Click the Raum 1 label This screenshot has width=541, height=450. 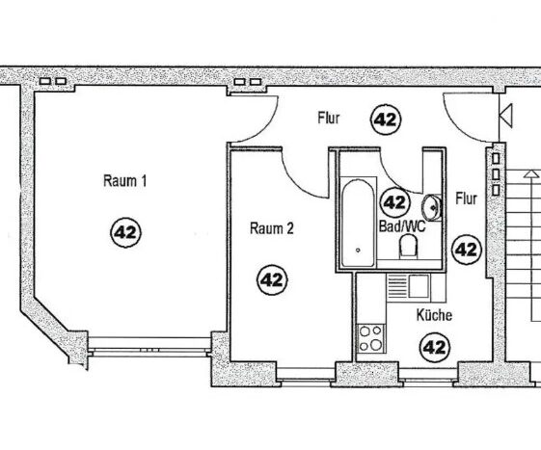[125, 181]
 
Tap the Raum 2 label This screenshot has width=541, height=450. [272, 228]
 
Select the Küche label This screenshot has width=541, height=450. [434, 315]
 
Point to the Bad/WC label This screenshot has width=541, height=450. [402, 226]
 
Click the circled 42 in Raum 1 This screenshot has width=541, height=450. [125, 232]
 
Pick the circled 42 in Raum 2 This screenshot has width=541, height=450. [272, 280]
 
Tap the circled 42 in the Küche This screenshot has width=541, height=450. [435, 347]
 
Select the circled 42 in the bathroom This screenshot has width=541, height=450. [394, 202]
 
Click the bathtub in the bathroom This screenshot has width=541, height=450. [358, 224]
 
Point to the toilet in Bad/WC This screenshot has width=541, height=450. [408, 247]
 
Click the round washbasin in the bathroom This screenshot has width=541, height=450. [431, 207]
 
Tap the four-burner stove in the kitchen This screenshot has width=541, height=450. [370, 338]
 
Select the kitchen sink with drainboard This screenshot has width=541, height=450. [409, 286]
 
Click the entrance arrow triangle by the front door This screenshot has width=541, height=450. [506, 116]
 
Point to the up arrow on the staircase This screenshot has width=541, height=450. [530, 173]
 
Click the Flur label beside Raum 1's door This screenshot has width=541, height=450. [329, 118]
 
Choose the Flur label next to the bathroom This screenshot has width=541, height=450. [466, 199]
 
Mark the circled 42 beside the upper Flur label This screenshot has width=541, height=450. [386, 119]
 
